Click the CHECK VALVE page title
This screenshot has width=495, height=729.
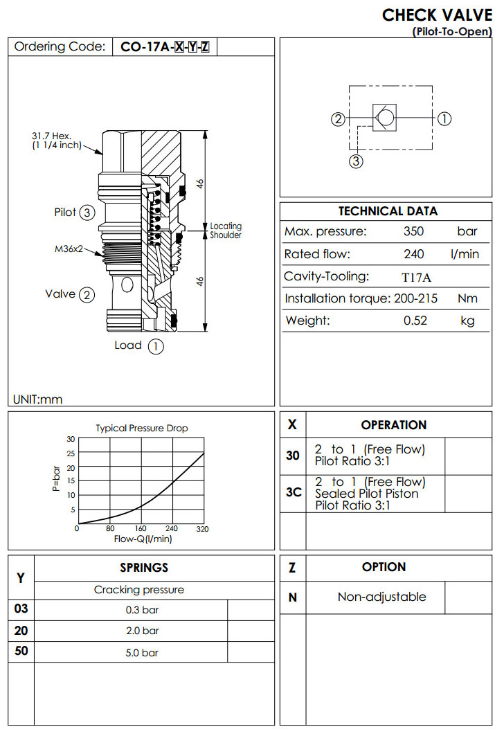point(437,15)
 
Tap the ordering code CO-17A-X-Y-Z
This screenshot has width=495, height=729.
point(165,47)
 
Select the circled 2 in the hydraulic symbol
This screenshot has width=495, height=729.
point(338,118)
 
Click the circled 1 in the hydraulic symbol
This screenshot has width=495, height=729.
point(444,118)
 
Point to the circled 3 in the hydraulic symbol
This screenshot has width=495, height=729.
point(356,161)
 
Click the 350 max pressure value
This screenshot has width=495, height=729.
point(413,231)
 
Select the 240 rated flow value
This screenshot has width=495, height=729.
point(413,254)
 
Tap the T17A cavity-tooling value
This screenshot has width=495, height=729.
point(416,277)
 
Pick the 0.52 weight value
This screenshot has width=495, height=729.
point(415,321)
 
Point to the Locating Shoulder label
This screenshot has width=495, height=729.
point(226,231)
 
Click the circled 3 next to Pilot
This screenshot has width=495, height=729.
point(87,213)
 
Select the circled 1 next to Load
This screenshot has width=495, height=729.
point(156,346)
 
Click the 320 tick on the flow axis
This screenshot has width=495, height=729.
point(203,530)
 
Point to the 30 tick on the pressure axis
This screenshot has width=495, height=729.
point(71,439)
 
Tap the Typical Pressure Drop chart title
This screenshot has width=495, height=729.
point(141,428)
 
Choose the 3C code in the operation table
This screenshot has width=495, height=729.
point(293,493)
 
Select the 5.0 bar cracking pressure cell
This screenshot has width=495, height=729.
point(141,652)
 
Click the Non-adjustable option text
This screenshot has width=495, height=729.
point(381,597)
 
